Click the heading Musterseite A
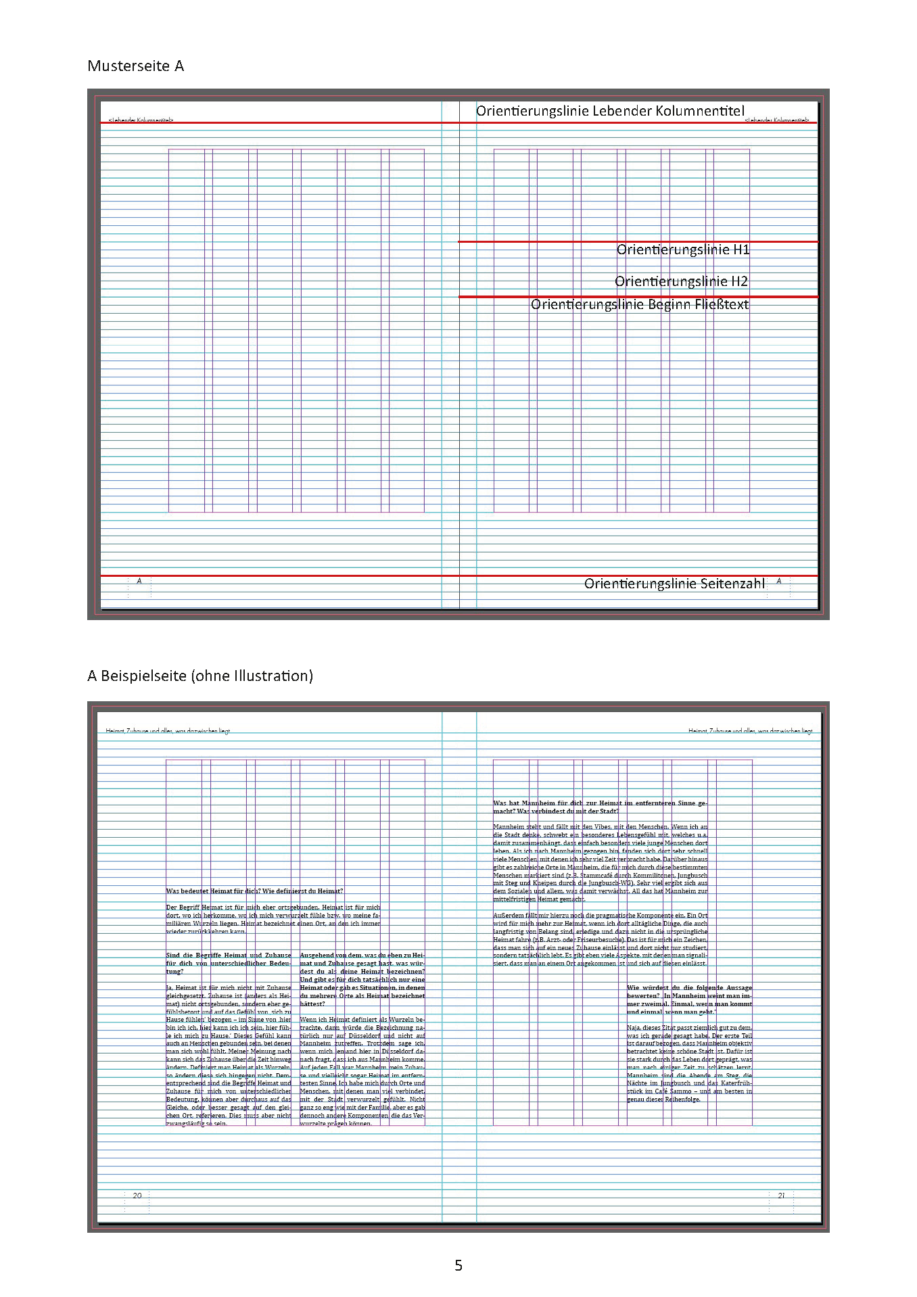pyautogui.click(x=135, y=66)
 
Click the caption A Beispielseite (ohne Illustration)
pyautogui.click(x=200, y=676)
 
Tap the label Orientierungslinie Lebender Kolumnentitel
pyautogui.click(x=610, y=111)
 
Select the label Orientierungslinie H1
pyautogui.click(x=683, y=250)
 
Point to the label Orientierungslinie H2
pyautogui.click(x=681, y=281)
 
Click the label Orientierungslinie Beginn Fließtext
pyautogui.click(x=640, y=304)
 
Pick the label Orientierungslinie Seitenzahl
pyautogui.click(x=674, y=584)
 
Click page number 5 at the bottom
pyautogui.click(x=458, y=1265)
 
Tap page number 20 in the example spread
pyautogui.click(x=137, y=1196)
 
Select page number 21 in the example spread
pyautogui.click(x=781, y=1196)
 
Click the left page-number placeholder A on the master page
pyautogui.click(x=139, y=581)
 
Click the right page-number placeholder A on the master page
pyautogui.click(x=779, y=581)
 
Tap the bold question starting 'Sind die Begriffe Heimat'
pyautogui.click(x=229, y=963)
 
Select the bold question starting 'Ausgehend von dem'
pyautogui.click(x=362, y=979)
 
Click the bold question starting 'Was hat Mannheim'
pyautogui.click(x=600, y=807)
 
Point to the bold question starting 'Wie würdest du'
pyautogui.click(x=689, y=999)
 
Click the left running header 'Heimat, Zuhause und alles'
pyautogui.click(x=168, y=731)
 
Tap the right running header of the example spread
pyautogui.click(x=750, y=731)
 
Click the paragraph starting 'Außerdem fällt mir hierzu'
pyautogui.click(x=600, y=939)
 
